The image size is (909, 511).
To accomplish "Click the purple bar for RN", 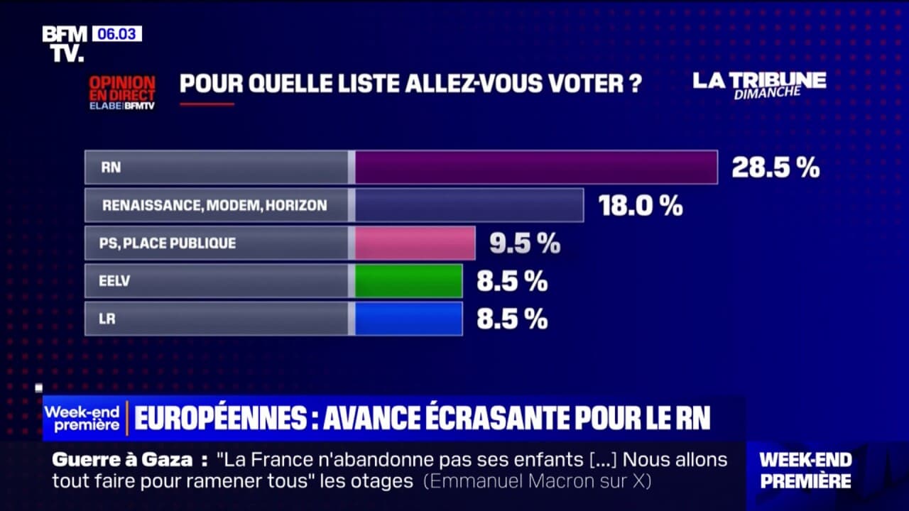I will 535,167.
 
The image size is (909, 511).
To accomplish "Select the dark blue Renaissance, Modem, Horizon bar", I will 469,205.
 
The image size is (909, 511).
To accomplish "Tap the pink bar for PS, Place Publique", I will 415,243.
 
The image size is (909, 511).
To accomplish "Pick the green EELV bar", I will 408,281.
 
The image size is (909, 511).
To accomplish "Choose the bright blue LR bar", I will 408,319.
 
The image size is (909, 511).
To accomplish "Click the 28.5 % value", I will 775,168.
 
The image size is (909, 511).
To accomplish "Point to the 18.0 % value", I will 640,206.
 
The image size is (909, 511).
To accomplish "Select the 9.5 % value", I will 524,243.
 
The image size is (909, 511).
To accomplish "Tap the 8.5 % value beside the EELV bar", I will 511,282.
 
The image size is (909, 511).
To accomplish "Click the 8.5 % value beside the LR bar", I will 511,319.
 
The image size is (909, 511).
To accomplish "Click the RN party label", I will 111,167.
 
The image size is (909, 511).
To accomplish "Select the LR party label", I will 107,319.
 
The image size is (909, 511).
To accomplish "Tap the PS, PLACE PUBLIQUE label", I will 168,243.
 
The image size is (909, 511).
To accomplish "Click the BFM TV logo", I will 64,43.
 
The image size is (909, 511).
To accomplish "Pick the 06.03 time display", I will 116,33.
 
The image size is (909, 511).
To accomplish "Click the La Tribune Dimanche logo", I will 759,84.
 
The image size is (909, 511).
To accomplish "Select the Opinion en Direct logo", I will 121,92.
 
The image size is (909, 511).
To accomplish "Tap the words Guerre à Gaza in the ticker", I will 122,460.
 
